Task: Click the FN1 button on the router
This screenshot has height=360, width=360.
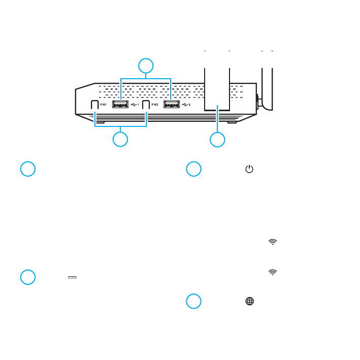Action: [94, 105]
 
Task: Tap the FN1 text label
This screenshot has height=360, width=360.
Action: [104, 105]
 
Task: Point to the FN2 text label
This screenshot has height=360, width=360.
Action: [155, 105]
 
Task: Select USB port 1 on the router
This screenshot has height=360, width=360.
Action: [120, 105]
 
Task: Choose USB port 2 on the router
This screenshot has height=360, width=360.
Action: [172, 105]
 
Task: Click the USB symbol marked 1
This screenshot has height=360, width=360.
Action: [135, 105]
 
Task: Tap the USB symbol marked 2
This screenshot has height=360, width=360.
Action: [186, 105]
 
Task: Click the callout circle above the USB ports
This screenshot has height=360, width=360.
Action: [146, 66]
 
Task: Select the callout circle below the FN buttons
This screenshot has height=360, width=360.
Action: [120, 140]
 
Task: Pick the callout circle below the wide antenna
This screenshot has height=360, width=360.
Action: [217, 140]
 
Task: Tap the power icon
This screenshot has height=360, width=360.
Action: [249, 169]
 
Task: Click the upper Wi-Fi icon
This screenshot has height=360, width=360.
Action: [273, 242]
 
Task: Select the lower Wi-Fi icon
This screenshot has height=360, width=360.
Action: [273, 272]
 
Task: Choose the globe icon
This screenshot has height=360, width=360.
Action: [249, 301]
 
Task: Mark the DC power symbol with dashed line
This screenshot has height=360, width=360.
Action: [72, 277]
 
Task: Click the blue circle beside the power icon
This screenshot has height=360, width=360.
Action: [193, 169]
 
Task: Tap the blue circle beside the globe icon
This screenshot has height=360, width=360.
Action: [193, 301]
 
